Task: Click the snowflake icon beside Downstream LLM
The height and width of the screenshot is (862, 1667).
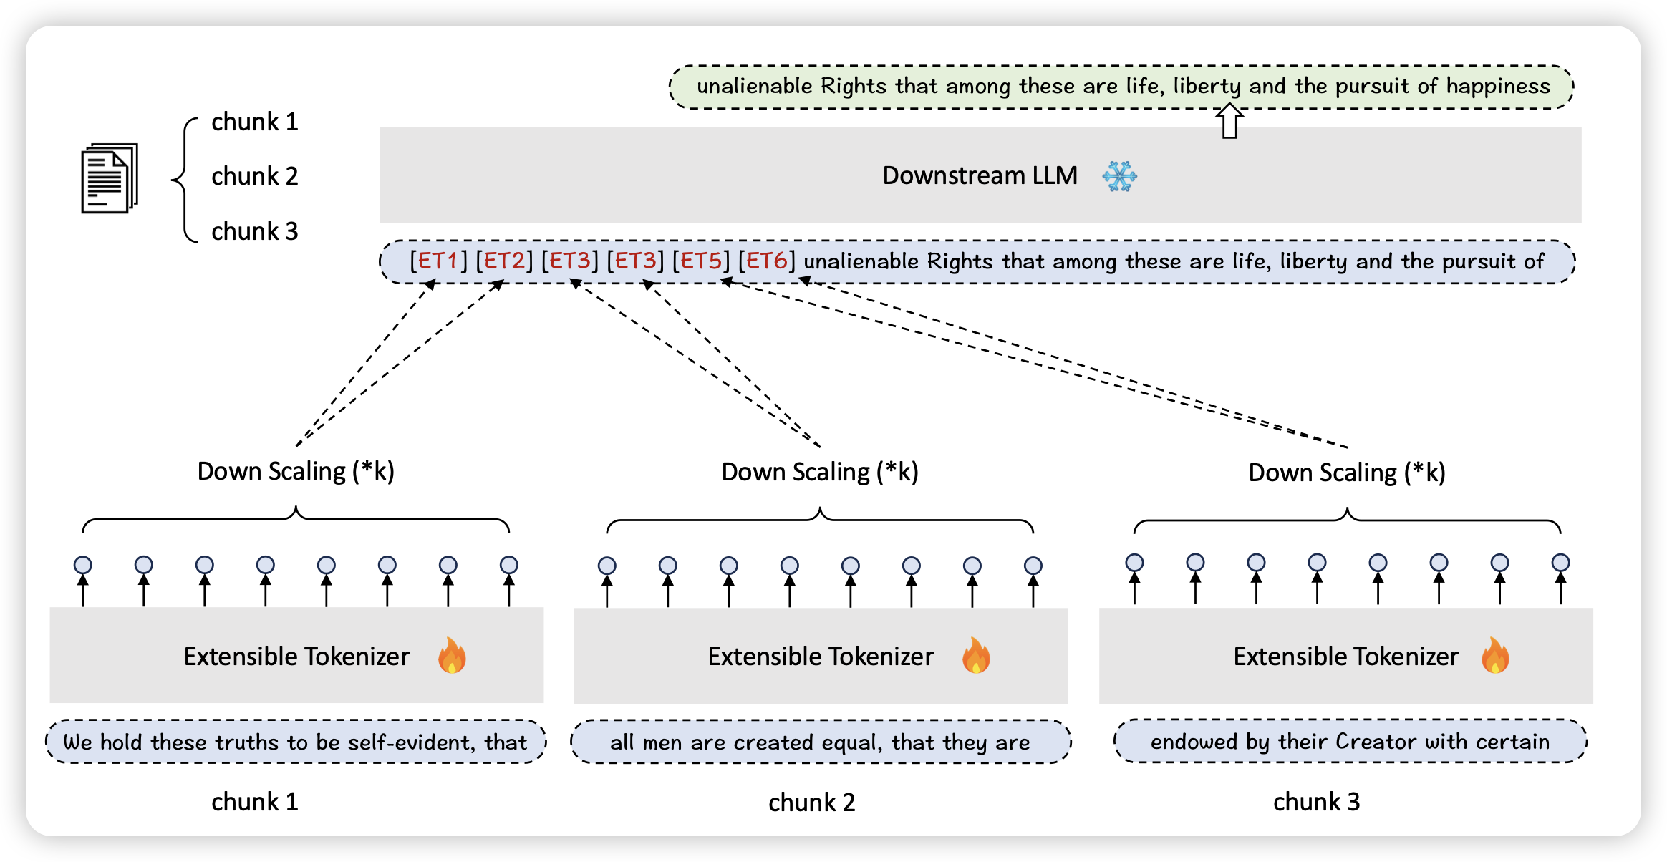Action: [x=1119, y=176]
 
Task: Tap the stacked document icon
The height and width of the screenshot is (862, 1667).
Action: [x=109, y=178]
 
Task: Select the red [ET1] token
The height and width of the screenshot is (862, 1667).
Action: [x=438, y=261]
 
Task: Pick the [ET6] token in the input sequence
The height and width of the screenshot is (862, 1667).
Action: [x=766, y=261]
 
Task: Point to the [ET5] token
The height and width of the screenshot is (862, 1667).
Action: [x=700, y=261]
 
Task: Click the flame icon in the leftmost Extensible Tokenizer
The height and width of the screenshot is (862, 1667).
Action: [x=452, y=656]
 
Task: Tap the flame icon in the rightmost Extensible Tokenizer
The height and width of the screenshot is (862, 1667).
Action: [x=1495, y=656]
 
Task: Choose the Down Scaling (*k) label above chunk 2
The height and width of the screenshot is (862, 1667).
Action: [x=820, y=472]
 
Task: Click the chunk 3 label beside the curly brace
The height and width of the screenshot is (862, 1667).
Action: [x=254, y=231]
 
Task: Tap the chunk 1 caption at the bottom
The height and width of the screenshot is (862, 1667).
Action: [x=254, y=802]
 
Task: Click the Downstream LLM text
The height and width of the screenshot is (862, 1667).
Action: [x=980, y=175]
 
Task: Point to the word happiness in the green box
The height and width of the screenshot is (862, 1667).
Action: [x=1498, y=86]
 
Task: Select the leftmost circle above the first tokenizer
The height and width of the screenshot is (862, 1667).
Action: [x=83, y=565]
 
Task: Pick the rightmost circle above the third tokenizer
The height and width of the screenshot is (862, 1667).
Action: [x=1561, y=563]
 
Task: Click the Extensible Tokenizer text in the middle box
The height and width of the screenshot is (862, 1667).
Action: [x=821, y=657]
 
